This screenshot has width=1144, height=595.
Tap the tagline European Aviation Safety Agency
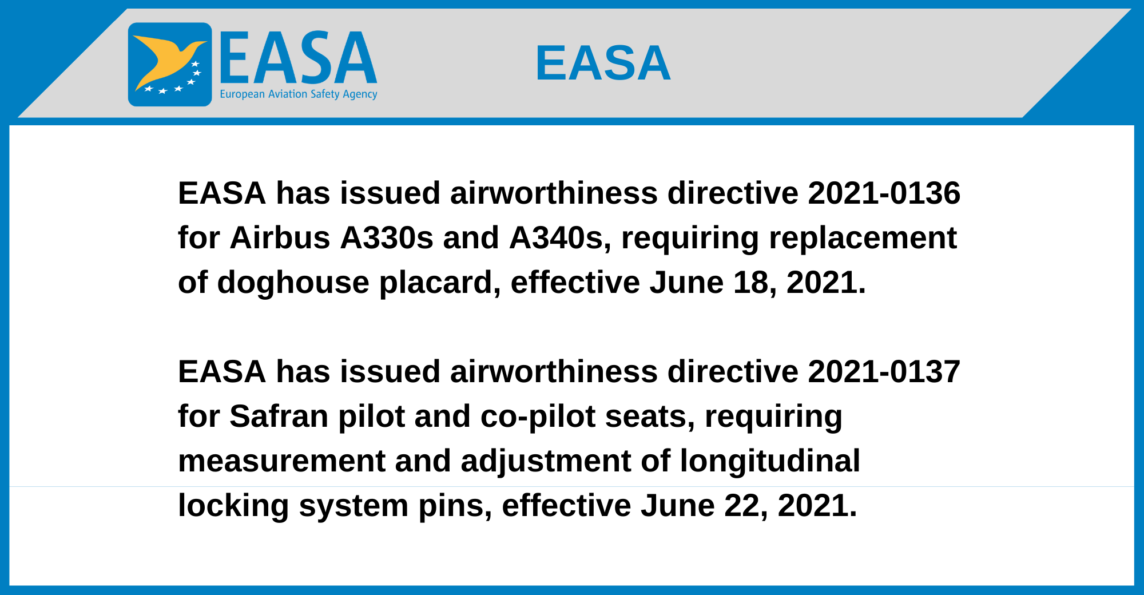[x=299, y=94]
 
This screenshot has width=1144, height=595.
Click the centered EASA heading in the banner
[x=603, y=63]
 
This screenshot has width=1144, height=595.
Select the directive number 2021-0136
[x=884, y=193]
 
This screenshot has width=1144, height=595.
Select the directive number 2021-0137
[x=884, y=371]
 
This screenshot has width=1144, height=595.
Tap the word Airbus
[x=280, y=237]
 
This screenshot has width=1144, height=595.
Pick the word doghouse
[x=293, y=283]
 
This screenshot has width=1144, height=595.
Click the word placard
[x=440, y=283]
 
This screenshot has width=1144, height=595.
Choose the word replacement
[x=863, y=239]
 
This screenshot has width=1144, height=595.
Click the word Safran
[x=279, y=416]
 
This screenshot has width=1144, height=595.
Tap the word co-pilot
[x=538, y=417]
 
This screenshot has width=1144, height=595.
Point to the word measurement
[x=282, y=462]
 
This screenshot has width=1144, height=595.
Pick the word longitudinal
[x=770, y=462]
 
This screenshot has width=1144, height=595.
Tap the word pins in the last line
[x=455, y=506]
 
